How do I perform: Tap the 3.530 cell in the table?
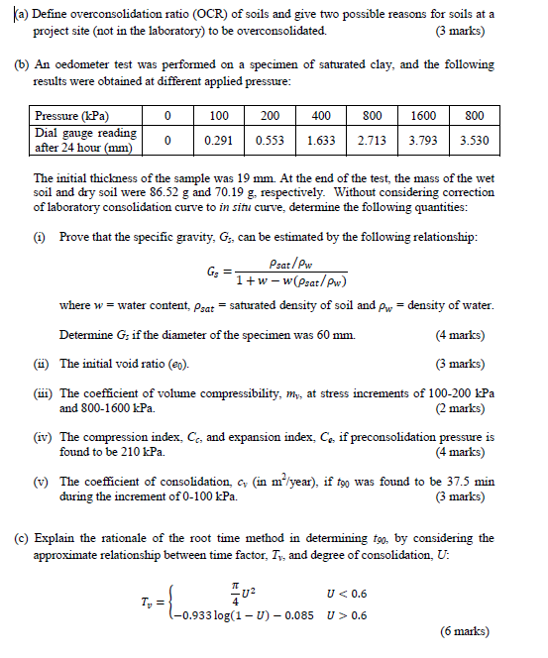coord(474,141)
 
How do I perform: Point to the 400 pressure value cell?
coord(320,116)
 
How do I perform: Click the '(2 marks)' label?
coord(466,407)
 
